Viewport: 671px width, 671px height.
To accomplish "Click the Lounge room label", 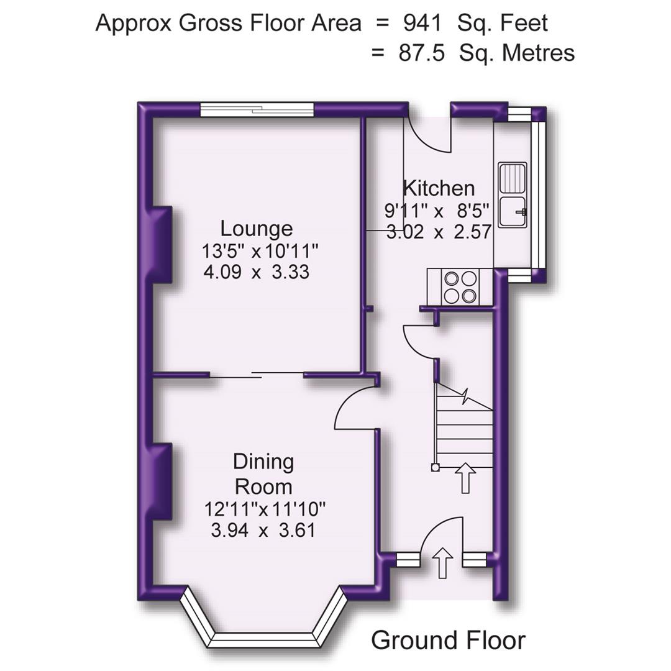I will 257,229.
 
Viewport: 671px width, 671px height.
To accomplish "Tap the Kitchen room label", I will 439,188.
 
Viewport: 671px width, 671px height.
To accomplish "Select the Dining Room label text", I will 263,473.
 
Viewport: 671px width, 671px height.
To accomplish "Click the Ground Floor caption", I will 447,640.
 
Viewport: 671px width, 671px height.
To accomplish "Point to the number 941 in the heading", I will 422,24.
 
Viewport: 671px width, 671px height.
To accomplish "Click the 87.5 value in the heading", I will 421,53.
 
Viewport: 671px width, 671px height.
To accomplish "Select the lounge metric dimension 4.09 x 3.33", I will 256,272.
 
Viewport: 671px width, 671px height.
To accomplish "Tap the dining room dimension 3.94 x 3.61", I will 263,531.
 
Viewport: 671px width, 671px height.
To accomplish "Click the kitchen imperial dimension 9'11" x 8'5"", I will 437,210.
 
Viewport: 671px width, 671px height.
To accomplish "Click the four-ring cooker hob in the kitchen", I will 460,286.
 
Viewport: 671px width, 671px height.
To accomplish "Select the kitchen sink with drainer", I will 513,196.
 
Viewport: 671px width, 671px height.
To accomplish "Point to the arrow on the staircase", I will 465,478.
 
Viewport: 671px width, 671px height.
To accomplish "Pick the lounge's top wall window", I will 256,110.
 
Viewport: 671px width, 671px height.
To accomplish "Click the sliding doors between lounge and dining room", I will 256,374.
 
